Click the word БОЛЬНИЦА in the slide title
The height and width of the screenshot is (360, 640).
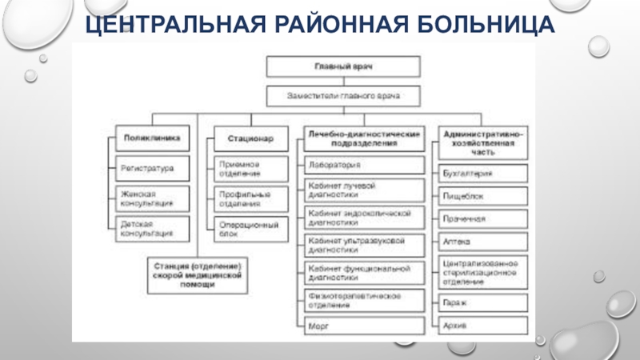(483, 23)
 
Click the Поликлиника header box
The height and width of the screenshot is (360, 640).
(153, 138)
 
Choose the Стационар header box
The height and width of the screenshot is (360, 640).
(251, 138)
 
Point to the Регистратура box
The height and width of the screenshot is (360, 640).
(153, 168)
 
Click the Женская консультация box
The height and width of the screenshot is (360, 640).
(153, 198)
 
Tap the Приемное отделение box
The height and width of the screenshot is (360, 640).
(251, 168)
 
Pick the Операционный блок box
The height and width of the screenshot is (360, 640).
(251, 229)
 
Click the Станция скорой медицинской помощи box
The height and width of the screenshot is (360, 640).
(195, 273)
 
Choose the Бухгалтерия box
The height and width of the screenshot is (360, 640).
(483, 173)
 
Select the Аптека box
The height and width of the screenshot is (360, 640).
(483, 239)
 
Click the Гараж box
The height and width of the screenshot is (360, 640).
(483, 303)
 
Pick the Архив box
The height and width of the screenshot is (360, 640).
(483, 326)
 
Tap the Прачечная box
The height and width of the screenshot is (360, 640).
(483, 218)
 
